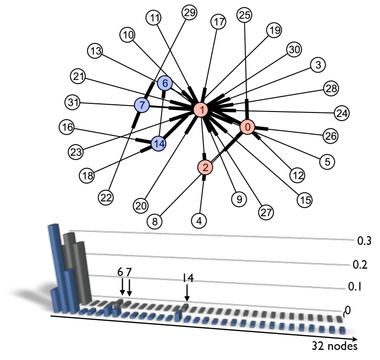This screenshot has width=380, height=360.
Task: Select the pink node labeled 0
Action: click(x=247, y=127)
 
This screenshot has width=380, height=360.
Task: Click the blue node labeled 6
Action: click(x=165, y=84)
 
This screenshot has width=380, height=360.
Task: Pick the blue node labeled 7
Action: click(x=142, y=105)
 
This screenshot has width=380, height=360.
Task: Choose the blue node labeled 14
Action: click(x=159, y=143)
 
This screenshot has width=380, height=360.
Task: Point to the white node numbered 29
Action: click(x=190, y=12)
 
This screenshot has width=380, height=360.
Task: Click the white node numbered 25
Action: click(x=244, y=15)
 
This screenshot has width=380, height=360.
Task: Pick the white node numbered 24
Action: click(x=342, y=113)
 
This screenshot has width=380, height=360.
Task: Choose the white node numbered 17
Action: click(x=218, y=22)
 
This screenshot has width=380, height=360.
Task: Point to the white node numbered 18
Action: click(x=88, y=176)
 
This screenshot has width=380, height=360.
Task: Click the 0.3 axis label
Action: click(x=364, y=241)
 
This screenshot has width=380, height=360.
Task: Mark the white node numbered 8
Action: click(x=155, y=222)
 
